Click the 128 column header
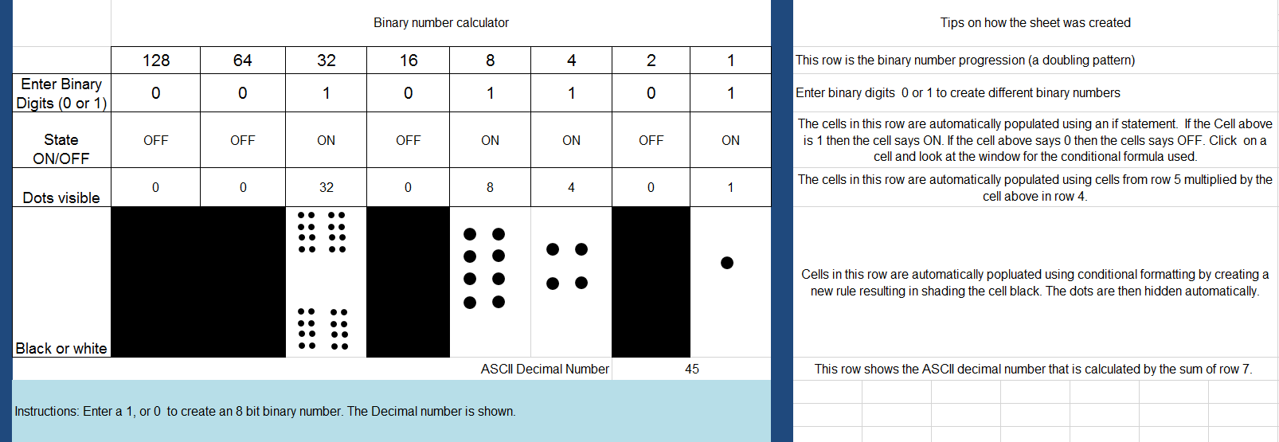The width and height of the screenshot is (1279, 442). (156, 61)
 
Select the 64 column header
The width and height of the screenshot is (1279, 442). (243, 61)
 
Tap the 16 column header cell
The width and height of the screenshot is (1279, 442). (409, 61)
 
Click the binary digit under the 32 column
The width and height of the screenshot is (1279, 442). (327, 93)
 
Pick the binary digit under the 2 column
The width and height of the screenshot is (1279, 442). (651, 93)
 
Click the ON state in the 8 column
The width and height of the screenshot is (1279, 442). (490, 140)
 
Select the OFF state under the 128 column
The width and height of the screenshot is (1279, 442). (156, 140)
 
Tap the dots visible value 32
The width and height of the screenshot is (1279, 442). (327, 187)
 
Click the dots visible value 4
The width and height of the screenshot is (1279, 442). (571, 187)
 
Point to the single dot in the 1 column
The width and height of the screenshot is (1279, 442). (727, 263)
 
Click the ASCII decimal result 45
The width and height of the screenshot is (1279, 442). (692, 369)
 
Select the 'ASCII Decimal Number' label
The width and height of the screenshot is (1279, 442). (545, 369)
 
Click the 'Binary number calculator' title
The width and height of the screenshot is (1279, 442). (441, 22)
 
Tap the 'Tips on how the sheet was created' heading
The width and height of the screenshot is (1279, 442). (1035, 22)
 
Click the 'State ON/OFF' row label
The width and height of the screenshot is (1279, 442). (61, 149)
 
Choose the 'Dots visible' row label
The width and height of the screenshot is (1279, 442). (61, 198)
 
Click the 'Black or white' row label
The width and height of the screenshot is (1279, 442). (61, 348)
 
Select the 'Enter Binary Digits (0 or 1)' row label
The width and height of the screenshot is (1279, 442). (61, 93)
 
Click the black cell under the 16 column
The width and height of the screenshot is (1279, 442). (408, 282)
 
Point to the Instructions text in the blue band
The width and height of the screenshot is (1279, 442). (265, 411)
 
